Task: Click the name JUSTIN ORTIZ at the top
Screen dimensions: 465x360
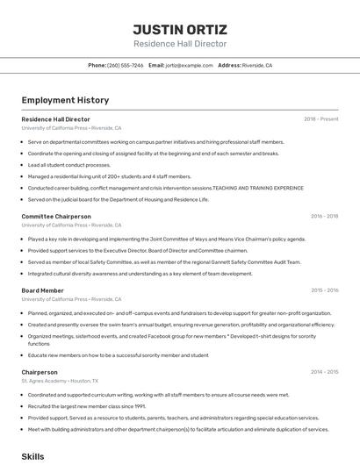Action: pyautogui.click(x=179, y=29)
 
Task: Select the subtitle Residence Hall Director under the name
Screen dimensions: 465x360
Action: pyautogui.click(x=179, y=44)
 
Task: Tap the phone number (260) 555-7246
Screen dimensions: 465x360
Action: pyautogui.click(x=125, y=65)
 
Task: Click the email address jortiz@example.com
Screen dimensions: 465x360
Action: pyautogui.click(x=190, y=65)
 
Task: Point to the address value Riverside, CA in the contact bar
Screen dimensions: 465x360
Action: pyautogui.click(x=257, y=65)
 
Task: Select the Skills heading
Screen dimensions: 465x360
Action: pyautogui.click(x=32, y=456)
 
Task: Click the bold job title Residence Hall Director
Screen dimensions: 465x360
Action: pyautogui.click(x=55, y=119)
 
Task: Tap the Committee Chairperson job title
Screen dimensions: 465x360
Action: pyautogui.click(x=56, y=216)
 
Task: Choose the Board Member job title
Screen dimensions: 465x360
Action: pyautogui.click(x=42, y=290)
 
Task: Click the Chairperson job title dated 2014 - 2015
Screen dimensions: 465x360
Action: pyautogui.click(x=40, y=372)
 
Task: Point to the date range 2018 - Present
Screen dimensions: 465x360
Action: pyautogui.click(x=320, y=119)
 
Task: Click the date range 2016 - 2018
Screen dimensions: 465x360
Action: pyautogui.click(x=324, y=216)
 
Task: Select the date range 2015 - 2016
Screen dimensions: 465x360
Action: pyautogui.click(x=324, y=290)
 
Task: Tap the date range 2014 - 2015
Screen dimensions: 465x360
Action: pyautogui.click(x=324, y=372)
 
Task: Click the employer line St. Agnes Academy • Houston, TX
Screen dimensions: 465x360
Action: pyautogui.click(x=60, y=382)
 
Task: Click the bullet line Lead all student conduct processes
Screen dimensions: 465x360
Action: pyautogui.click(x=69, y=165)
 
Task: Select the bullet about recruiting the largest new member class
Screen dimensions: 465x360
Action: pyautogui.click(x=86, y=407)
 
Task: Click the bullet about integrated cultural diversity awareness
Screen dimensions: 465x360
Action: pyautogui.click(x=140, y=274)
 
